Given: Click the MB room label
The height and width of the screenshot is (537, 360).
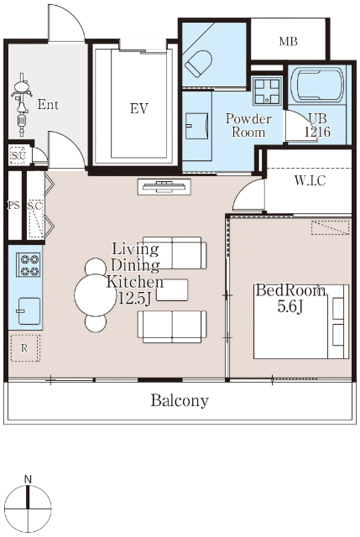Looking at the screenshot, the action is (288, 41).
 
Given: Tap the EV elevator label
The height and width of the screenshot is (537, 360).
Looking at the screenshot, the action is (139, 108).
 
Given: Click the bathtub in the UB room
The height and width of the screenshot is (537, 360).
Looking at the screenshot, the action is (317, 86).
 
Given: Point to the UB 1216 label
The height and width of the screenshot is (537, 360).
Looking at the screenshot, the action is (317, 125).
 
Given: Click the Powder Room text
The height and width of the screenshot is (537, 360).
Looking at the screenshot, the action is (248, 125).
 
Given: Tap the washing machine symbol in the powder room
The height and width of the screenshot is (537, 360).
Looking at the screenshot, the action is (267, 91).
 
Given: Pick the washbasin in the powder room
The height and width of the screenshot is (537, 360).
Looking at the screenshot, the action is (196, 126).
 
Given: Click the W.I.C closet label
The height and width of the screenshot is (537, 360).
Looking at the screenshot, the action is (310, 180).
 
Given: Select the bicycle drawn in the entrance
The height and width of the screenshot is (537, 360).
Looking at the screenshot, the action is (22, 105).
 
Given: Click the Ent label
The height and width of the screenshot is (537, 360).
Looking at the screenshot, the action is (48, 104).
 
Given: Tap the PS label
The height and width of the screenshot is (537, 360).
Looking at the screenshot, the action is (13, 206).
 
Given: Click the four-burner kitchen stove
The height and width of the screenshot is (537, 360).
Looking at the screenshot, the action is (29, 264).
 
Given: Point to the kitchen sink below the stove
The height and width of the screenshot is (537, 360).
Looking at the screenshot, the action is (29, 310).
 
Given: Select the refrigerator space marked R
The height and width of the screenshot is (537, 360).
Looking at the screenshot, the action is (24, 348).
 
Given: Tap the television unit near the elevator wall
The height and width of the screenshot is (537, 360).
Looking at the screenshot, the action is (164, 186).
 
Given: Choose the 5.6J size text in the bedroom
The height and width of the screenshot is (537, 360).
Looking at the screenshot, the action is (290, 307).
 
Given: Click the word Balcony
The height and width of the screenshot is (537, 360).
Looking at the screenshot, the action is (180, 401).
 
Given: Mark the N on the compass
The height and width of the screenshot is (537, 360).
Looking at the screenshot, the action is (28, 479).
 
